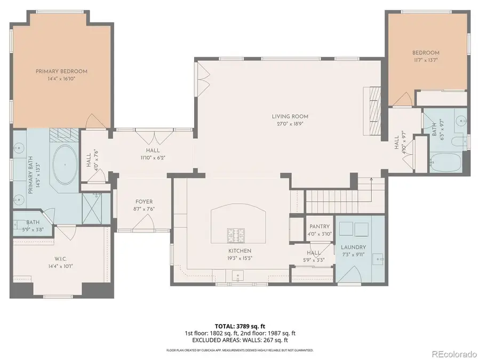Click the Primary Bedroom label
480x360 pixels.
[61, 71]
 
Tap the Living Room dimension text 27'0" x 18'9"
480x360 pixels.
[290, 124]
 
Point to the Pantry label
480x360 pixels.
[319, 227]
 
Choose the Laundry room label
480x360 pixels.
[353, 247]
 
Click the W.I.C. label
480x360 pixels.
[61, 258]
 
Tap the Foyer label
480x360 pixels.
[144, 202]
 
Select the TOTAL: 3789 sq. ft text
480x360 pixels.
[240, 325]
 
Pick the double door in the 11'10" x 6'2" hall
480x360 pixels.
[154, 137]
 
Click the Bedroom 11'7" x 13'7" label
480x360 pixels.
[425, 53]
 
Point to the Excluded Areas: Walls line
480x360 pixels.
[240, 340]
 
